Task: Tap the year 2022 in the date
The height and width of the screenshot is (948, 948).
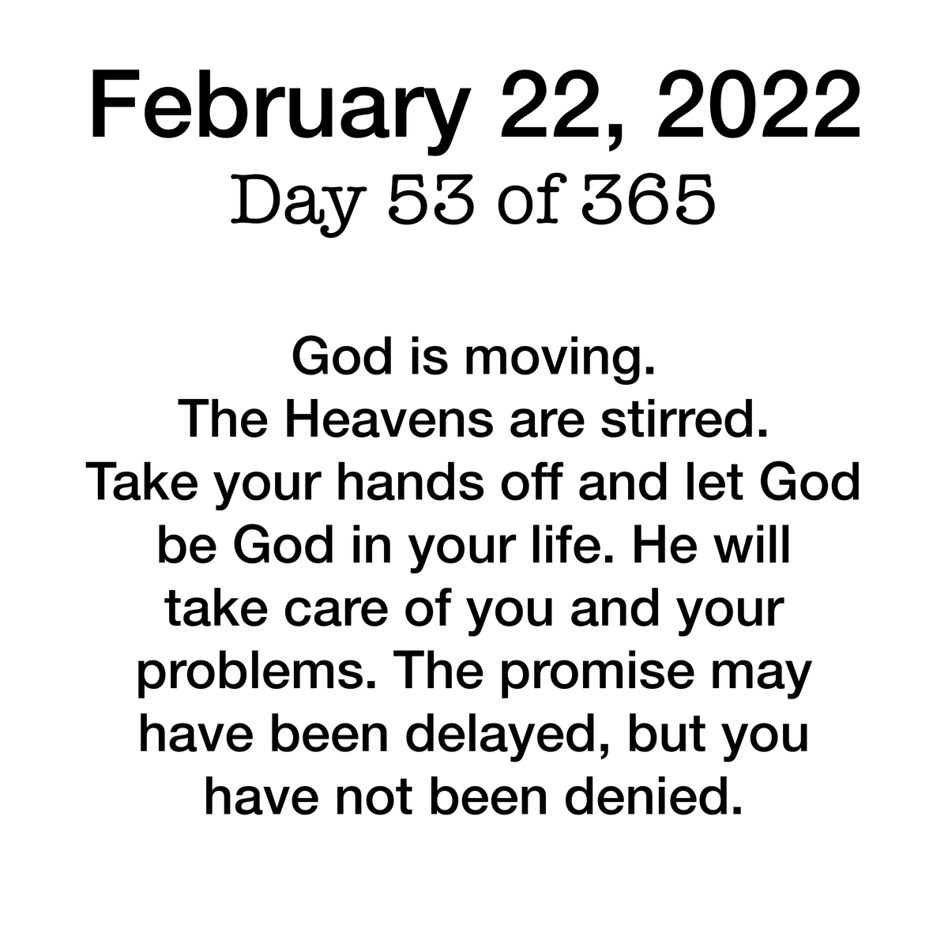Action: [x=758, y=105]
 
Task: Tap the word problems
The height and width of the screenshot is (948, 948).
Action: [x=256, y=674]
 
